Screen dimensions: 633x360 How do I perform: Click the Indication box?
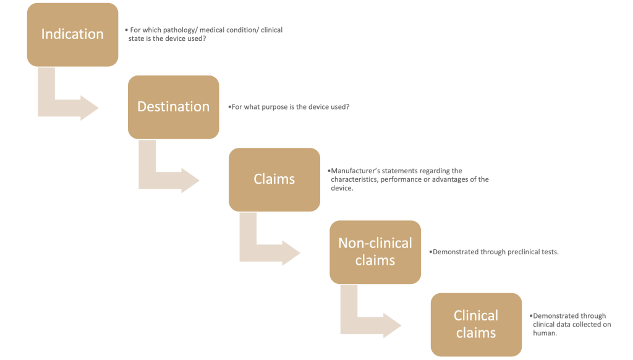coord(73,35)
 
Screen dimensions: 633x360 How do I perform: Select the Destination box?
coord(174,107)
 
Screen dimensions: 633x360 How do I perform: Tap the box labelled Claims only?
coord(274,179)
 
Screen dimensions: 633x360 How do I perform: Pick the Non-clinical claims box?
coord(375,252)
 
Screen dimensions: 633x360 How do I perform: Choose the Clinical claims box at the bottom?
coord(477,325)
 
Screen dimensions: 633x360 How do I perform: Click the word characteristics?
coord(354,179)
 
